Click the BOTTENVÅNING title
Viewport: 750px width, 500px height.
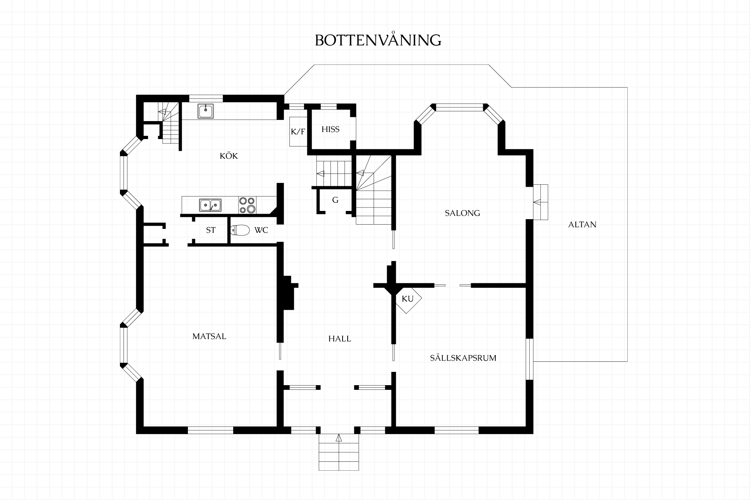(x=378, y=40)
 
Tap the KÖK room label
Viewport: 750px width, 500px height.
(x=229, y=156)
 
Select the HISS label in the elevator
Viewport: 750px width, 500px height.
(x=330, y=129)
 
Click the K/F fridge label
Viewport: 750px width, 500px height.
(x=298, y=132)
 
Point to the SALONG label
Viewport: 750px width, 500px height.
(x=462, y=213)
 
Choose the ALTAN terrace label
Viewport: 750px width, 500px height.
(x=582, y=225)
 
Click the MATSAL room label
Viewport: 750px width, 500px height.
(x=209, y=336)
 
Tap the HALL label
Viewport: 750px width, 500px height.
(x=339, y=339)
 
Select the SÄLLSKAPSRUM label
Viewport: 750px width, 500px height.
(x=463, y=358)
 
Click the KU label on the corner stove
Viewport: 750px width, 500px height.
(x=407, y=299)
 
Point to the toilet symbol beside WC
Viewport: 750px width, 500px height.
(x=240, y=230)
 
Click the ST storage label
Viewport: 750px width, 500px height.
(x=211, y=230)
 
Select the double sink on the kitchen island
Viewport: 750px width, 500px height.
(x=211, y=205)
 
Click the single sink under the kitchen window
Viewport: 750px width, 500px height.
(x=205, y=111)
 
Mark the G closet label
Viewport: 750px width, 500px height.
(x=335, y=200)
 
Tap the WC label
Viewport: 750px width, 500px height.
(x=261, y=230)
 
